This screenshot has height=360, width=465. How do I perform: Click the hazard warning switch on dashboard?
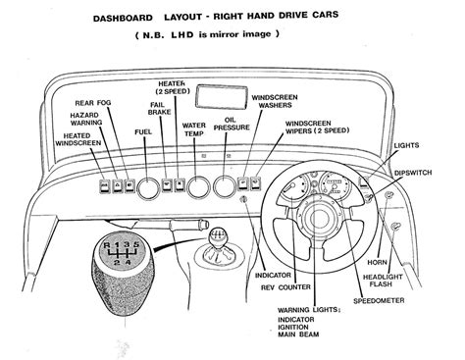(118, 186)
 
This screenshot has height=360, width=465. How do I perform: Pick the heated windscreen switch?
(105, 186)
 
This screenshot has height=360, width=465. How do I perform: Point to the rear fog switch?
(129, 185)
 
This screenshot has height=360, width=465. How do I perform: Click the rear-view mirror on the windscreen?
(222, 97)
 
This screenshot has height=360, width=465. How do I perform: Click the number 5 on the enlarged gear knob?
(136, 244)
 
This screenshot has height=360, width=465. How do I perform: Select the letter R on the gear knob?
(107, 245)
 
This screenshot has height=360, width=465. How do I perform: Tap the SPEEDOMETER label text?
(379, 300)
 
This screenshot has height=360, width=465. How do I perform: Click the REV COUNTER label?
(285, 287)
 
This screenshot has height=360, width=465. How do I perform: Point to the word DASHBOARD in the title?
(123, 18)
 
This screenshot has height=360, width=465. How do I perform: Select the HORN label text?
(377, 262)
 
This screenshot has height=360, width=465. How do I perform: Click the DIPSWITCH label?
(413, 173)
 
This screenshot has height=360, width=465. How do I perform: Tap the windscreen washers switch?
(242, 183)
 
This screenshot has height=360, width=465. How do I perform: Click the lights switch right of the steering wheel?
(363, 181)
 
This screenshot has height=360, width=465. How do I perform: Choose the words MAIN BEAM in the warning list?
(298, 334)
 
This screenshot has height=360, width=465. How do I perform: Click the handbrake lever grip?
(188, 225)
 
